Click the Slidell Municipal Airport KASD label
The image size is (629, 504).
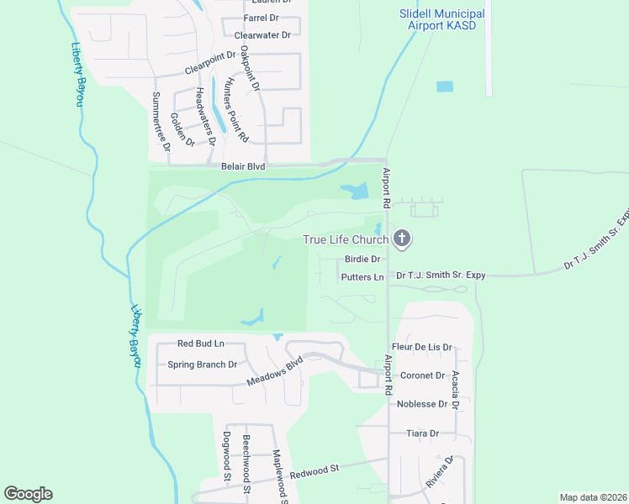(x=441, y=20)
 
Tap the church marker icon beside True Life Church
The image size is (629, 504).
(x=402, y=239)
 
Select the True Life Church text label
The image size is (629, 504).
(x=345, y=239)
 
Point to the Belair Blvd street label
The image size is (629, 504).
(x=243, y=167)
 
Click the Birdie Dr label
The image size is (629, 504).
(x=363, y=260)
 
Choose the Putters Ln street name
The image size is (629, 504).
(x=362, y=276)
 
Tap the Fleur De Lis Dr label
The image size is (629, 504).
(x=422, y=347)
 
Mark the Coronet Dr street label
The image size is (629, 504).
(x=422, y=375)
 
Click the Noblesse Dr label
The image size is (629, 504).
(x=422, y=404)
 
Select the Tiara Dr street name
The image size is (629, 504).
(x=422, y=433)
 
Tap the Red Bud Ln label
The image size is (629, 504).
(x=201, y=344)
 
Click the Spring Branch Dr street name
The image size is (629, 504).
(x=203, y=365)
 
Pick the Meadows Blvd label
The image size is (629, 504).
(x=274, y=374)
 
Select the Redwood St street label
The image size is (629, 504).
(x=314, y=470)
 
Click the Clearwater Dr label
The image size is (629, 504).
(x=262, y=35)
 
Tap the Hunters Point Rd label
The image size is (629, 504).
(x=236, y=109)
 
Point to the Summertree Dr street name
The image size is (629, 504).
(x=161, y=122)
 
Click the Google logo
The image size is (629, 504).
(x=28, y=494)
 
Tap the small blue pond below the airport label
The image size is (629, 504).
(x=444, y=87)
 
